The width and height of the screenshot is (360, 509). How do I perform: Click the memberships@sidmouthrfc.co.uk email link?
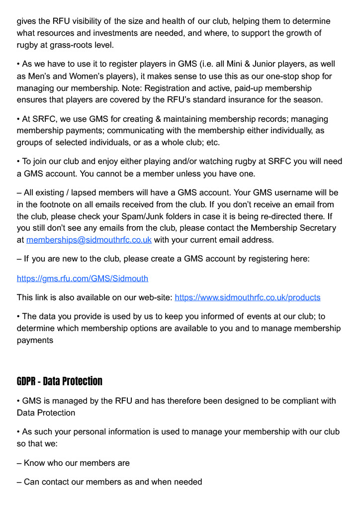pos(89,240)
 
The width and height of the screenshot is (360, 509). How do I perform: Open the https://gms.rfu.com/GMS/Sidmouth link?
pos(83,278)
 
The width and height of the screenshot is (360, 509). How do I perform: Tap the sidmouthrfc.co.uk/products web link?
pos(247,297)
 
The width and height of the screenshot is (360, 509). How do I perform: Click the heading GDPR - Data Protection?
pos(60,381)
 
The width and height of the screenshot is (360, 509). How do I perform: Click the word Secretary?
pos(316,228)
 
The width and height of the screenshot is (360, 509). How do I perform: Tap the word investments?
pos(128,33)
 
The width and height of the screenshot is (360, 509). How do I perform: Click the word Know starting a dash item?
pos(35,463)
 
